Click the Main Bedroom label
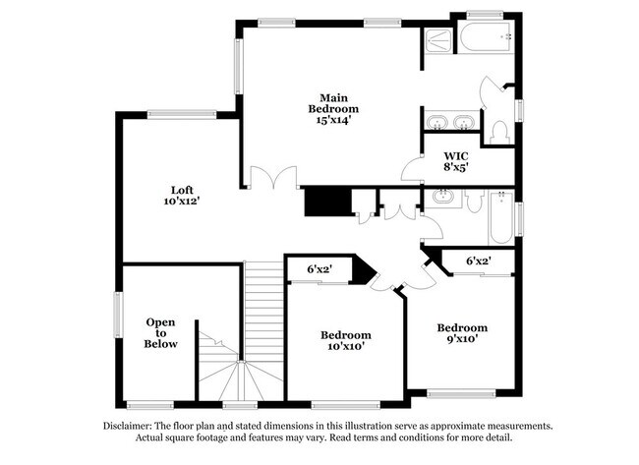[x=332, y=101]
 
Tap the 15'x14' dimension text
[x=332, y=121]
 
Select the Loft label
[x=181, y=189]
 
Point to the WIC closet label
[x=454, y=155]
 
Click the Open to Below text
[x=161, y=332]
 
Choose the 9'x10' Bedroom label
[x=462, y=333]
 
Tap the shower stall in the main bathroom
[x=437, y=42]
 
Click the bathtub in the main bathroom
[x=484, y=40]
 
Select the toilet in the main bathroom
[x=497, y=130]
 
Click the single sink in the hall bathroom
[x=442, y=198]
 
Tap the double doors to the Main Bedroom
[x=272, y=180]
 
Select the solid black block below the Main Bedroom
[x=326, y=203]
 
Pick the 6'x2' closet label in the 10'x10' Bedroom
[x=319, y=268]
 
